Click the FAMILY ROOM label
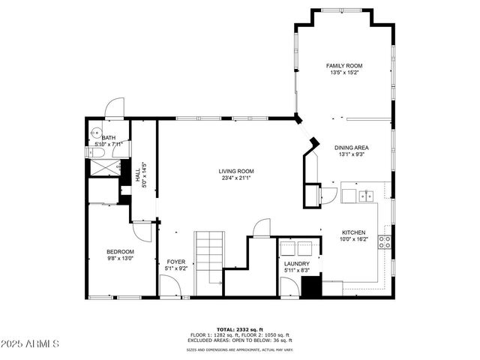pyautogui.click(x=343, y=66)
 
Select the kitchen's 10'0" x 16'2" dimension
pyautogui.click(x=354, y=240)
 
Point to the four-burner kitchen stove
pyautogui.click(x=384, y=241)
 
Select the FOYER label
pyautogui.click(x=175, y=262)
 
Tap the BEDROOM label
pyautogui.click(x=120, y=251)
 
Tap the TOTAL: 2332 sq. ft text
pyautogui.click(x=240, y=329)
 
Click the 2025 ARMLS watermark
pyautogui.click(x=31, y=343)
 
